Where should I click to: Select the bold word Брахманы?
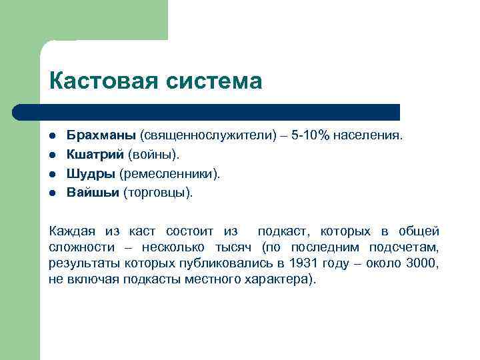coord(101,135)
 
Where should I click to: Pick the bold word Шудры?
coord(91,173)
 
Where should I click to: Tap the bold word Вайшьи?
coord(93,193)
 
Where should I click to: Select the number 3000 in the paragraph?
coord(422,263)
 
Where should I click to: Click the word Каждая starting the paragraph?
coord(71,231)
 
